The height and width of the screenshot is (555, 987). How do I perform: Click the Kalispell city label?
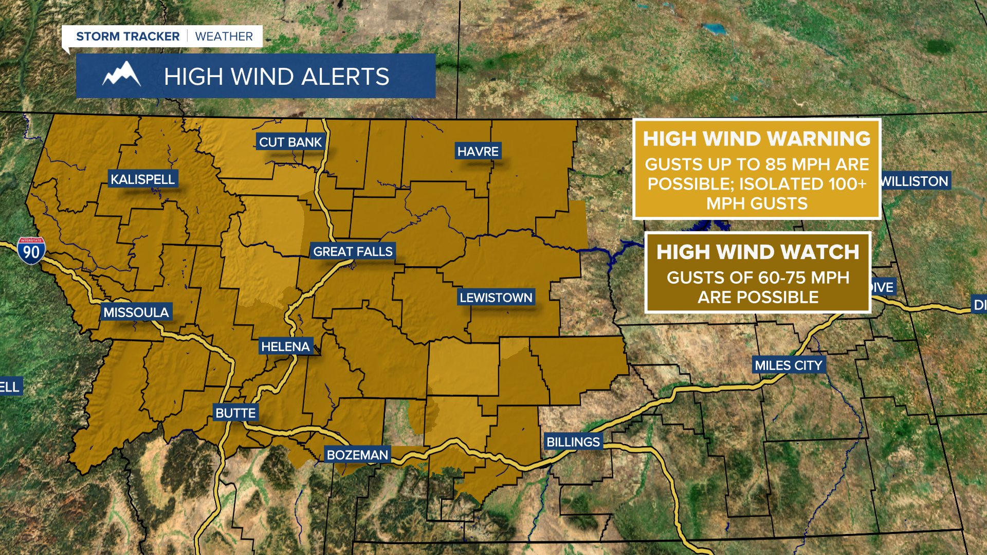tap(142, 179)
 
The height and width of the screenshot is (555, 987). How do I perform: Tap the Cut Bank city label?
tap(290, 142)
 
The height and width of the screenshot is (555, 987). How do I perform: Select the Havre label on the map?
tap(478, 151)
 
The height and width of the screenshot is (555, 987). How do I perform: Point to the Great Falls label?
tap(353, 251)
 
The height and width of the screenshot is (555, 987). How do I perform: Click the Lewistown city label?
tap(496, 297)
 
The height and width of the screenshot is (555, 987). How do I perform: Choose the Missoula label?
tap(136, 312)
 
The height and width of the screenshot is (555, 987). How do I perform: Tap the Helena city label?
tap(285, 346)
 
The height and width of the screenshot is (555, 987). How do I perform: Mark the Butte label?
tap(235, 413)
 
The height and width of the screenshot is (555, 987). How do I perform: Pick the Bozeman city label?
tap(357, 455)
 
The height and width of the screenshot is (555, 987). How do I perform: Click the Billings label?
tap(573, 441)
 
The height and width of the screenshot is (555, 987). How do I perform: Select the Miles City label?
tap(788, 365)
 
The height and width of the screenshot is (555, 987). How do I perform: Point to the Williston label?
tap(915, 181)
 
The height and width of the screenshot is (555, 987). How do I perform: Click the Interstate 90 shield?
tap(31, 251)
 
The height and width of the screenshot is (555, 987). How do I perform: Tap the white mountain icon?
tap(121, 75)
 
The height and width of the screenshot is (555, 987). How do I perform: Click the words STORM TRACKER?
tap(127, 36)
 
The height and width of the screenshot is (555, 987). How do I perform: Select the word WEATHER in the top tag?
tap(224, 36)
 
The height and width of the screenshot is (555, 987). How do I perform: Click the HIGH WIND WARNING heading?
tap(757, 139)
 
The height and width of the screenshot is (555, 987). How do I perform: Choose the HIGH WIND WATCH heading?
tap(758, 252)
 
